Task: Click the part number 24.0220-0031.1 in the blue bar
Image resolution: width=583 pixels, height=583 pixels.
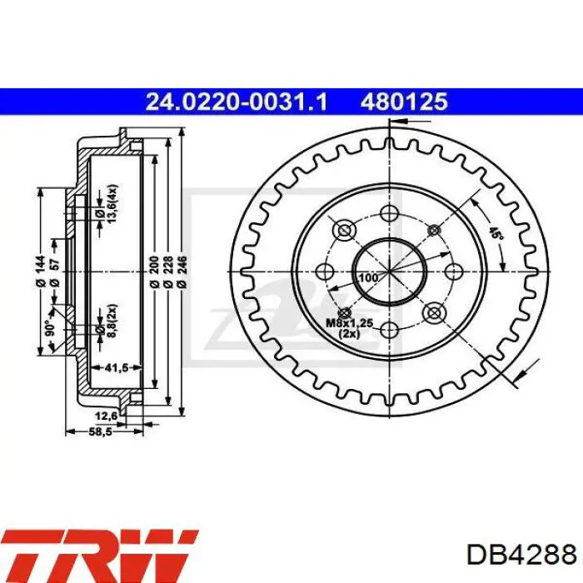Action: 237,102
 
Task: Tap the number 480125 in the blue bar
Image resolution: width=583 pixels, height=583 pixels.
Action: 404,102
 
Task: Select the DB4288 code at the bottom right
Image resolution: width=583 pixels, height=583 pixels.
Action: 521,555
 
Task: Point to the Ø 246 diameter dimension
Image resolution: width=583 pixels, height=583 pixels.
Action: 182,272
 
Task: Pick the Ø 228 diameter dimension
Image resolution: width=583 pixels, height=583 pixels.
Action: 168,272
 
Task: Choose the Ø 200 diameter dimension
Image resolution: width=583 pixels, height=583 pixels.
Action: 155,272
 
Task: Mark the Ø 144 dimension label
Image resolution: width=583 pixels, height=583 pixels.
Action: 41,271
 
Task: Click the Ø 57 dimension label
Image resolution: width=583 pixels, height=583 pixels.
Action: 55,273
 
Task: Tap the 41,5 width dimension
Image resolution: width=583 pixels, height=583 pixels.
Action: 117,368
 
